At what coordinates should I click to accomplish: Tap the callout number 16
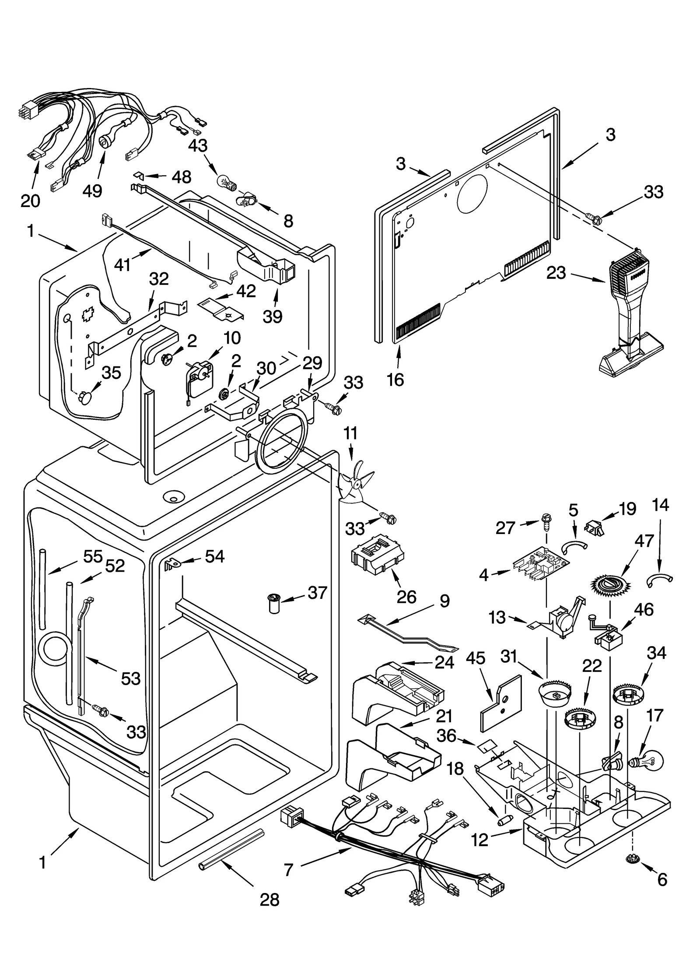(395, 380)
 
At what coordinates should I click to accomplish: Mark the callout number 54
(214, 556)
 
